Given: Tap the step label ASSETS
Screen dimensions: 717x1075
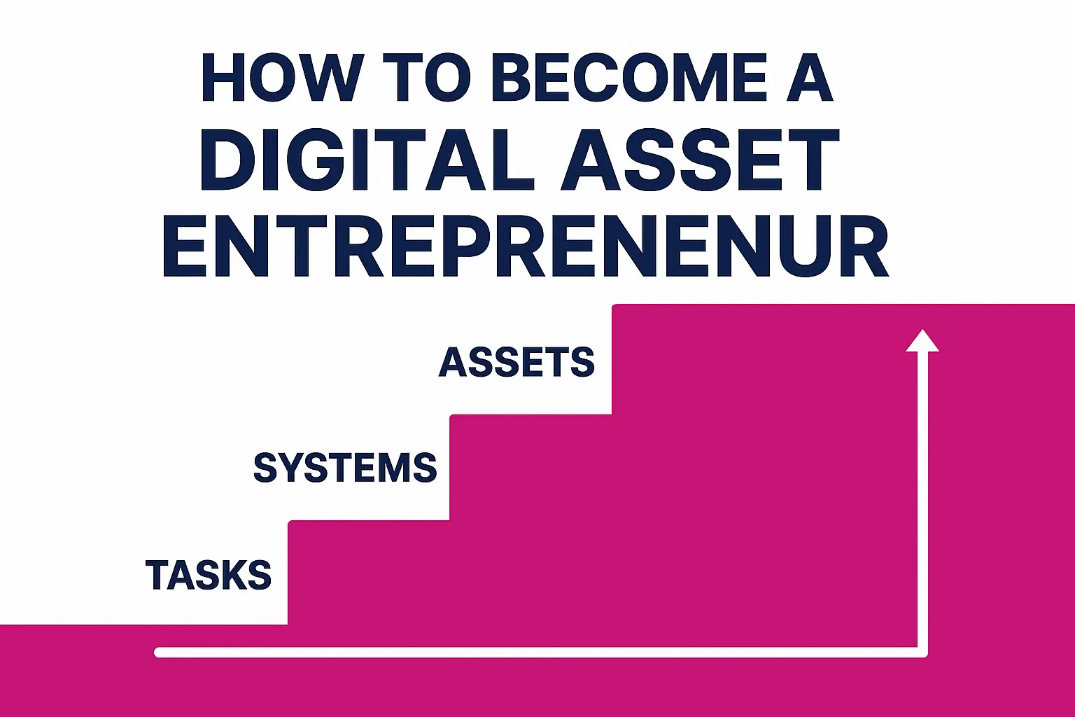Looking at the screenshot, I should pyautogui.click(x=517, y=362).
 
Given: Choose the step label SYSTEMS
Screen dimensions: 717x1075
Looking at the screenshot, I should pyautogui.click(x=345, y=468).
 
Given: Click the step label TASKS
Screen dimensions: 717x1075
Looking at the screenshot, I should pyautogui.click(x=209, y=575).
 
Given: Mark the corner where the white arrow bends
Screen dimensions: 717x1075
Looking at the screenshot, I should pyautogui.click(x=922, y=653).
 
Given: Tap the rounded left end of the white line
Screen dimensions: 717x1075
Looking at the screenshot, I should pyautogui.click(x=159, y=653).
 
